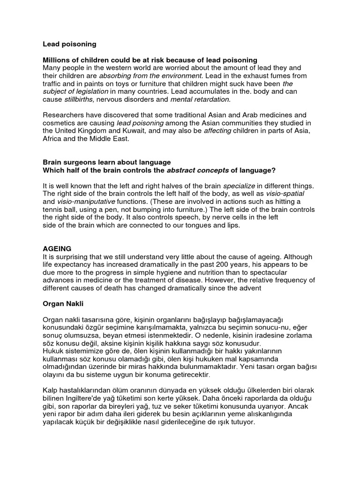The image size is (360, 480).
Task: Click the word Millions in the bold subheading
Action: point(57,60)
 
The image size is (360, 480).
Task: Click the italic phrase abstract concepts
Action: point(196,170)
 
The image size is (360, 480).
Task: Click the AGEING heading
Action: point(57,248)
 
